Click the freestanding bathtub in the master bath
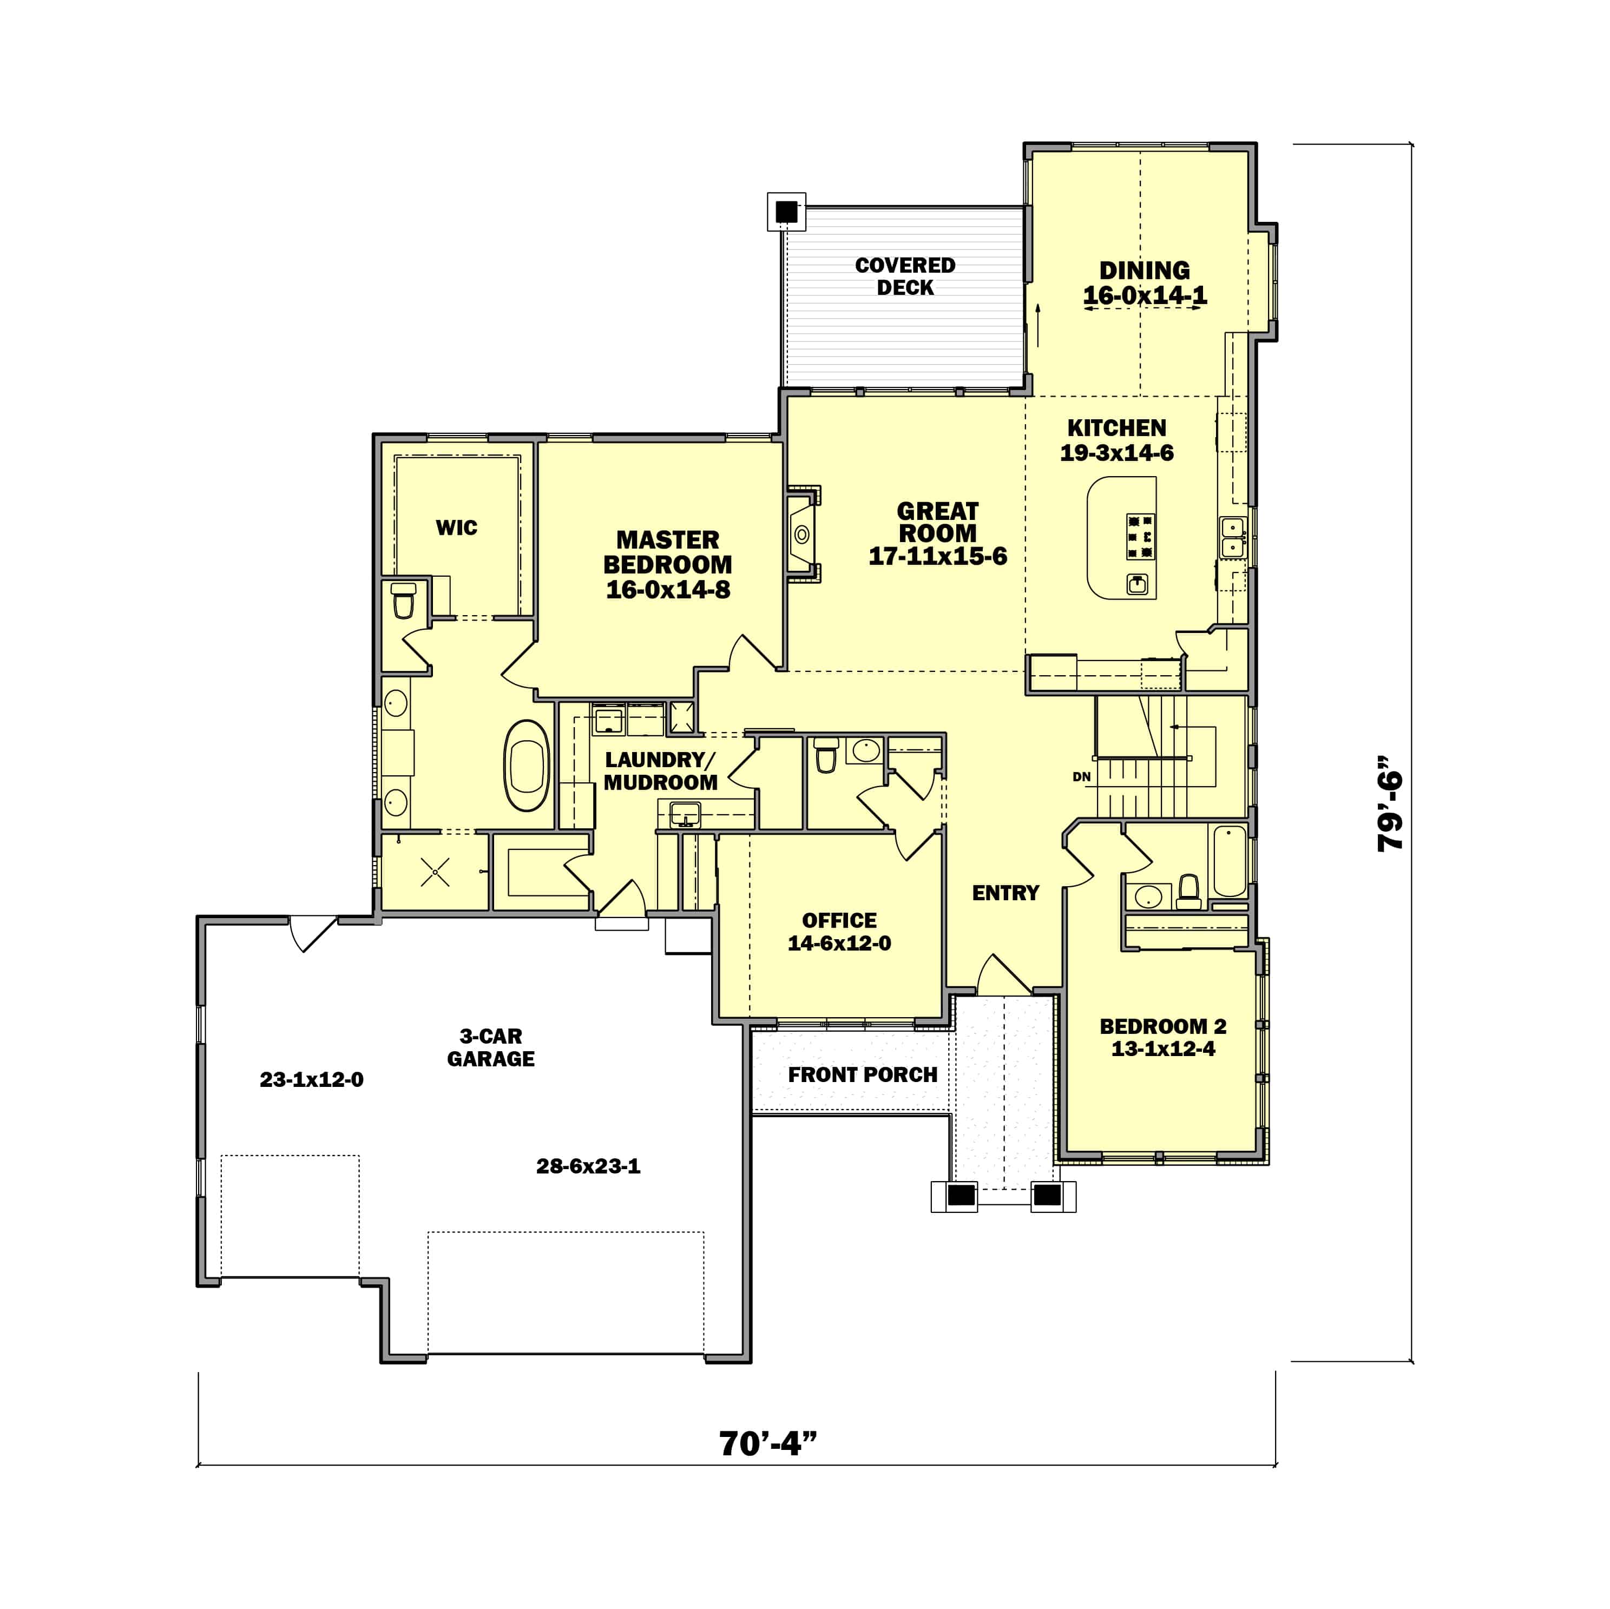click(527, 765)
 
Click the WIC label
click(457, 527)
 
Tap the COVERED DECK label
click(905, 276)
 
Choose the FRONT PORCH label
click(863, 1075)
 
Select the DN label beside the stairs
click(1082, 776)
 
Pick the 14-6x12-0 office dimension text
click(839, 943)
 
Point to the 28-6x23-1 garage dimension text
click(588, 1166)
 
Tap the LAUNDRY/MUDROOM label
click(660, 771)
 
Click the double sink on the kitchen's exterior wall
click(1232, 537)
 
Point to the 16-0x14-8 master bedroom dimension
click(667, 590)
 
